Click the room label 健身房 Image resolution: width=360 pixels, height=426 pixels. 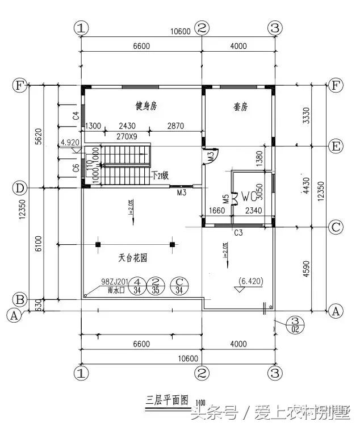pyautogui.click(x=146, y=106)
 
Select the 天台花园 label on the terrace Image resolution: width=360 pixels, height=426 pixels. pyautogui.click(x=133, y=257)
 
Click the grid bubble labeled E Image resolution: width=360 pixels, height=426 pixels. pyautogui.click(x=336, y=147)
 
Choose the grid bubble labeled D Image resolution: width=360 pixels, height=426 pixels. pyautogui.click(x=20, y=187)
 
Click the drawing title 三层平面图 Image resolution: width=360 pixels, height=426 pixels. pyautogui.click(x=166, y=399)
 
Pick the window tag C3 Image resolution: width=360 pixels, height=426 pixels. pyautogui.click(x=239, y=233)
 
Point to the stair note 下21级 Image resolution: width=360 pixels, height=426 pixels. pyautogui.click(x=160, y=176)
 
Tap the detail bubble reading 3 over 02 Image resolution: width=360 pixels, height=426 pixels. pyautogui.click(x=295, y=324)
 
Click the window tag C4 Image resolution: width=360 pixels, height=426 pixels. pyautogui.click(x=75, y=115)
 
